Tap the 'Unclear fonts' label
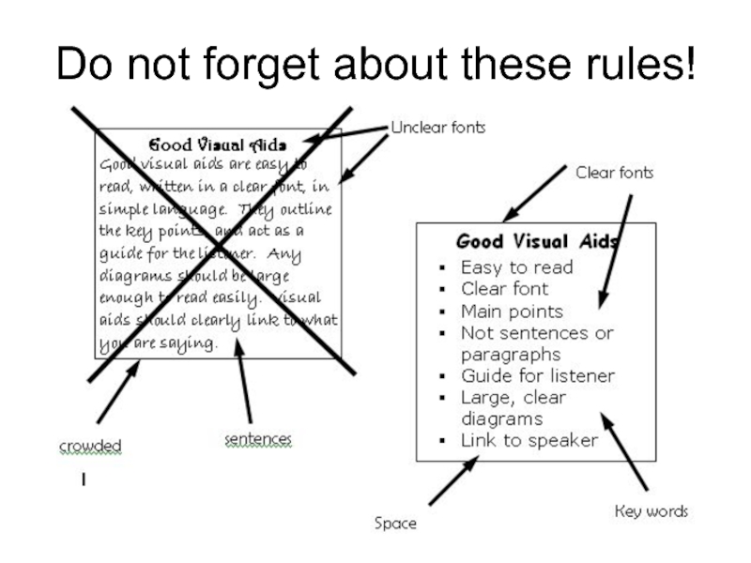coord(438,127)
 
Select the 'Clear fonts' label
coord(614,173)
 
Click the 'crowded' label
coord(90,447)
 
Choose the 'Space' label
coord(394,524)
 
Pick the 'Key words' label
coord(651,511)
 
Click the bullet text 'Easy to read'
coord(516,266)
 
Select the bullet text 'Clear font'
coord(504,289)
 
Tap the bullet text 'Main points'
coord(512,311)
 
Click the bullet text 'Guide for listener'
coord(537,376)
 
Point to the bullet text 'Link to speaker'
coord(529,440)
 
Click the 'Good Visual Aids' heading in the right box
coord(536,242)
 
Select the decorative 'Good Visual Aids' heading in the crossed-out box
coord(218,145)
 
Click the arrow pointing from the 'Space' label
coord(453,479)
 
